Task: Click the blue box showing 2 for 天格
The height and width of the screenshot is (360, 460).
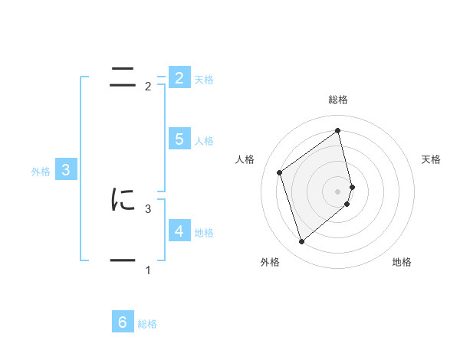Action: pyautogui.click(x=179, y=77)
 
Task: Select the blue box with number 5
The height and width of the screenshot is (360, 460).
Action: pyautogui.click(x=179, y=139)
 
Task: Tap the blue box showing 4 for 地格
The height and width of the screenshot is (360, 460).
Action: pyautogui.click(x=179, y=231)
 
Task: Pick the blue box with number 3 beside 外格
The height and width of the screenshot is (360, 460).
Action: pyautogui.click(x=66, y=170)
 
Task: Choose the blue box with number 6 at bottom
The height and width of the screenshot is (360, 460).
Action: pyautogui.click(x=123, y=322)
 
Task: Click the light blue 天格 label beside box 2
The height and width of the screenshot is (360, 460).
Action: pyautogui.click(x=204, y=80)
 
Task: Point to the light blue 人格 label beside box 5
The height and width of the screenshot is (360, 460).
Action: pyautogui.click(x=204, y=141)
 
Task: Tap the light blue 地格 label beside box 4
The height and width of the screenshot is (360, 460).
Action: pyautogui.click(x=204, y=233)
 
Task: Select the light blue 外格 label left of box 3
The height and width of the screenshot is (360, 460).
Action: pyautogui.click(x=41, y=172)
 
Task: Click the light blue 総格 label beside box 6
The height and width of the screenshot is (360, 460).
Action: pyautogui.click(x=147, y=325)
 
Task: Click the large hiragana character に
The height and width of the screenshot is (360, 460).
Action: pyautogui.click(x=123, y=200)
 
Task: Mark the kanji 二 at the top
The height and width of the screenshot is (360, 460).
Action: pyautogui.click(x=123, y=77)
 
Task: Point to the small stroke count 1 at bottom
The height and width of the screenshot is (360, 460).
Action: pyautogui.click(x=148, y=270)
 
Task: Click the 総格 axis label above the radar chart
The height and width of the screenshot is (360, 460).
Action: pyautogui.click(x=338, y=100)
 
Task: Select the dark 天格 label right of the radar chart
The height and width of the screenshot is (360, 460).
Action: pyautogui.click(x=432, y=159)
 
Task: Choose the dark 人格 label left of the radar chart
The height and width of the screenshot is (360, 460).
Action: pyautogui.click(x=245, y=159)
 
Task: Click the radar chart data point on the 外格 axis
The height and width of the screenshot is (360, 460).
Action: pyautogui.click(x=301, y=242)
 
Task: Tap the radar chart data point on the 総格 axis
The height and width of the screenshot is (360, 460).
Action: pyautogui.click(x=338, y=130)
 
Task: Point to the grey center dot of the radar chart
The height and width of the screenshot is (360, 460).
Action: pyautogui.click(x=338, y=191)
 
